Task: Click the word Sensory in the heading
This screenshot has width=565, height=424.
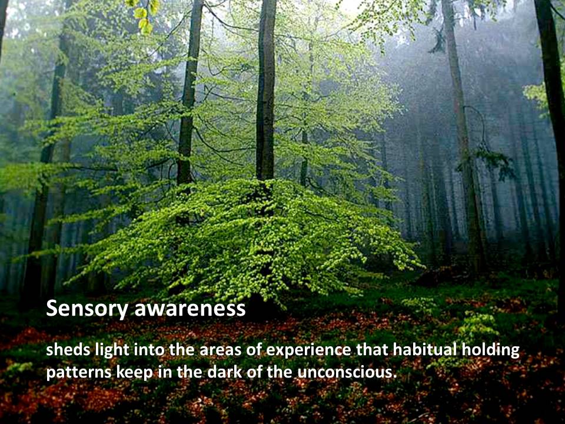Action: [x=87, y=309]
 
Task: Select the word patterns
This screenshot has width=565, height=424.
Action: [x=79, y=372]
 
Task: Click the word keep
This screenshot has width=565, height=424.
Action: [x=134, y=373]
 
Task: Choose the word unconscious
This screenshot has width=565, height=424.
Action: [x=344, y=372]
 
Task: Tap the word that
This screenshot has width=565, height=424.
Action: [x=372, y=350]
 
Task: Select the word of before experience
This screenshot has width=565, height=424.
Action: [x=254, y=350]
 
